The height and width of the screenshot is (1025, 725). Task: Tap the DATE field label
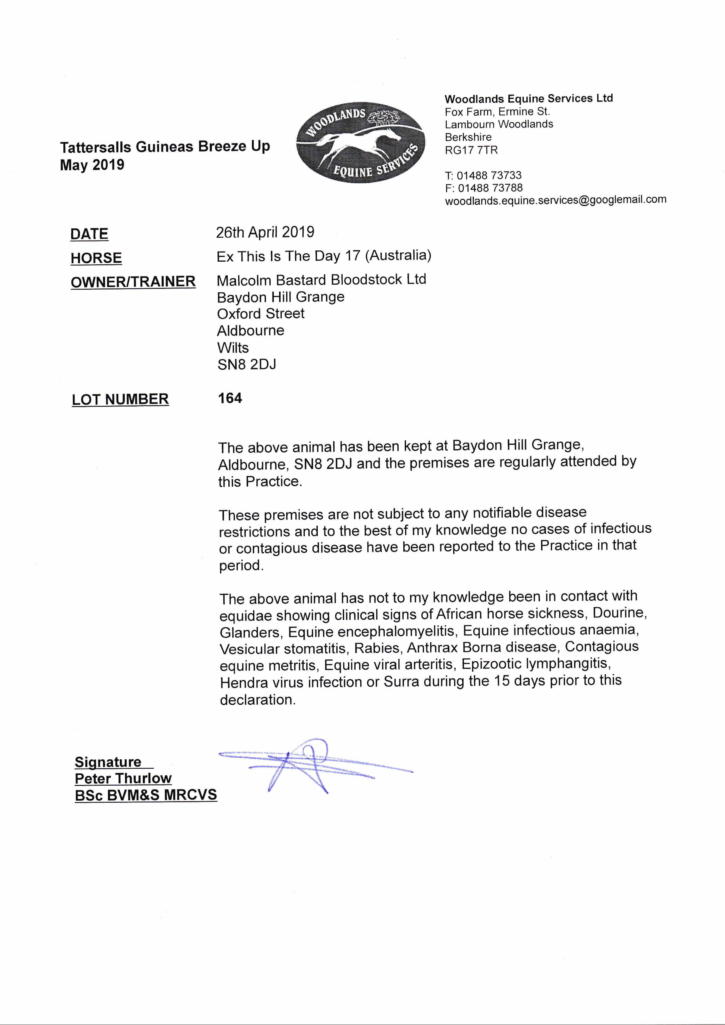coord(89,234)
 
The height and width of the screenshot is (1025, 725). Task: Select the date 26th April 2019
coord(265,232)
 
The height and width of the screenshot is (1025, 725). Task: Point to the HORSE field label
coord(96,258)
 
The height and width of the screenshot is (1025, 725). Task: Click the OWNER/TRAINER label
coord(133,282)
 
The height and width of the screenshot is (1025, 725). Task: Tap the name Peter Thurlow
coord(123,778)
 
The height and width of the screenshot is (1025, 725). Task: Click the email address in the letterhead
coord(555,200)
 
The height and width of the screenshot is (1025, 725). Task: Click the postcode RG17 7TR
coord(471,150)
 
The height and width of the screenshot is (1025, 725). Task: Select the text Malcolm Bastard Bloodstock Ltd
coord(321,280)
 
